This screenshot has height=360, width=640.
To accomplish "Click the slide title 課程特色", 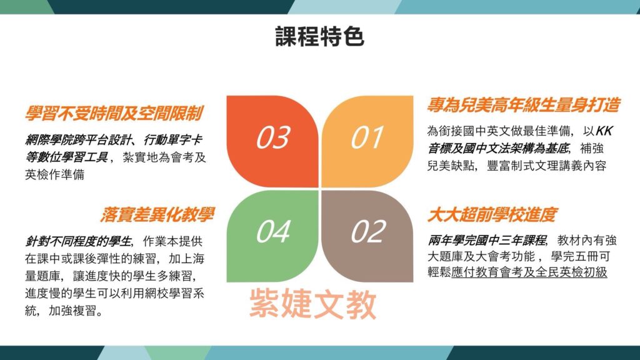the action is point(319,36).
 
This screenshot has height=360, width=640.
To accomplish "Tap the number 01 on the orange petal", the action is point(367,137).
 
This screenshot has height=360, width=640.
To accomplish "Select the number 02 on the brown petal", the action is point(369,231).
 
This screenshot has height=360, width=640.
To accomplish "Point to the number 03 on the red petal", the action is point(273,137).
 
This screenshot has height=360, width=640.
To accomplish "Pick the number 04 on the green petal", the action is point(273,231).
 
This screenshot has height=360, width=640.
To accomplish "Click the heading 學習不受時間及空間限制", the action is point(114,114).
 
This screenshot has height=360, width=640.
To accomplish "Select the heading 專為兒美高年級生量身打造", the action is point(523,105).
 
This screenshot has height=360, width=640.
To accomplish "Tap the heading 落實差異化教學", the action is point(157,215).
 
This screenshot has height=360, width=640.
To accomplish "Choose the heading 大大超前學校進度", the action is point(492,215).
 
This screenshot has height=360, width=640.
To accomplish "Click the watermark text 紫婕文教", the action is point(312,304).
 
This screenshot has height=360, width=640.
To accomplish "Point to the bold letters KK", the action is point(604,131).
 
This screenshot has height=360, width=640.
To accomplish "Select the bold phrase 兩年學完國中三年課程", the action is point(487,241).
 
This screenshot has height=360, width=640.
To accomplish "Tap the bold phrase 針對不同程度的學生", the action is point(78,242).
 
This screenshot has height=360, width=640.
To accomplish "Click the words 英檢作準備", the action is point(55,175).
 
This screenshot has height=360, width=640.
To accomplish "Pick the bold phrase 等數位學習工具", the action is point(66,157).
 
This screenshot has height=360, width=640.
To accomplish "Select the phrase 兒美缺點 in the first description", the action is point(451,166).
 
